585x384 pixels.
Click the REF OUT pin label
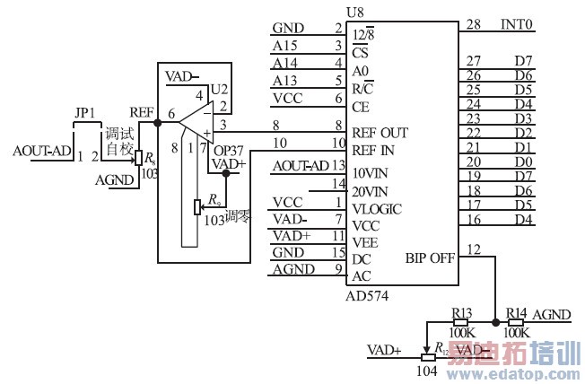(381, 132)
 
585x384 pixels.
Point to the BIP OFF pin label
(429, 257)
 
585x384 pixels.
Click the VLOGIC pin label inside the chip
(377, 209)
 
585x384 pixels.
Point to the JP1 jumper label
(85, 115)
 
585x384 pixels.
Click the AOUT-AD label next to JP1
(42, 150)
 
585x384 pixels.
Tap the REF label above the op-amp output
(142, 112)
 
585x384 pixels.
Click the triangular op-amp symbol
(192, 127)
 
